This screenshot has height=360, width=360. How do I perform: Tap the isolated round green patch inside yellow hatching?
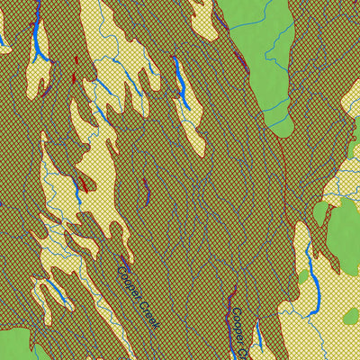tap(349, 316)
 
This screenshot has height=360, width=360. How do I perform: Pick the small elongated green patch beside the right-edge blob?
tap(320, 213)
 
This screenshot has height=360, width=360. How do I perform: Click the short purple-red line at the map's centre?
tap(146, 189)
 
